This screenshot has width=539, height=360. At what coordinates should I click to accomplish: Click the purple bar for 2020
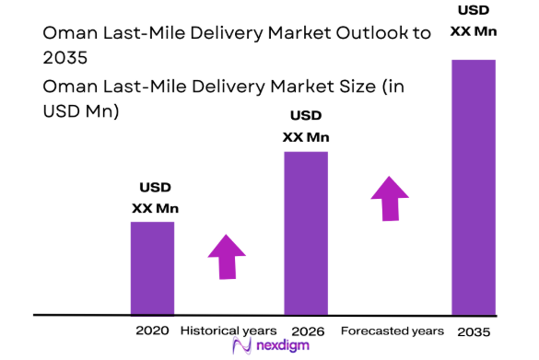[x=151, y=268]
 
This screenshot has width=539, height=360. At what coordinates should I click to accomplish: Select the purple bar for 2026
[x=306, y=233]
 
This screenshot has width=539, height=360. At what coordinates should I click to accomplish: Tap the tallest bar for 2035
[x=473, y=187]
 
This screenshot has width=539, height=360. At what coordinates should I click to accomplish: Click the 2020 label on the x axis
[x=151, y=330]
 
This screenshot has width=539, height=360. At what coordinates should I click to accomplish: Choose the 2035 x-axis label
[x=473, y=330]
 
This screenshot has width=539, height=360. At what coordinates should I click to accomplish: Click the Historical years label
[x=228, y=330]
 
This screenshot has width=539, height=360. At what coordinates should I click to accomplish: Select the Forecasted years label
[x=392, y=330]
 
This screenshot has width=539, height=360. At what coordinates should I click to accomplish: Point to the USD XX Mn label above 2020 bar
[x=154, y=199]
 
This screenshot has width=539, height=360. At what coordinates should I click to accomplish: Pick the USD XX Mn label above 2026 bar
[x=306, y=127]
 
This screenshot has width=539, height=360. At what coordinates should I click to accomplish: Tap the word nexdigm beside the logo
[x=281, y=346]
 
